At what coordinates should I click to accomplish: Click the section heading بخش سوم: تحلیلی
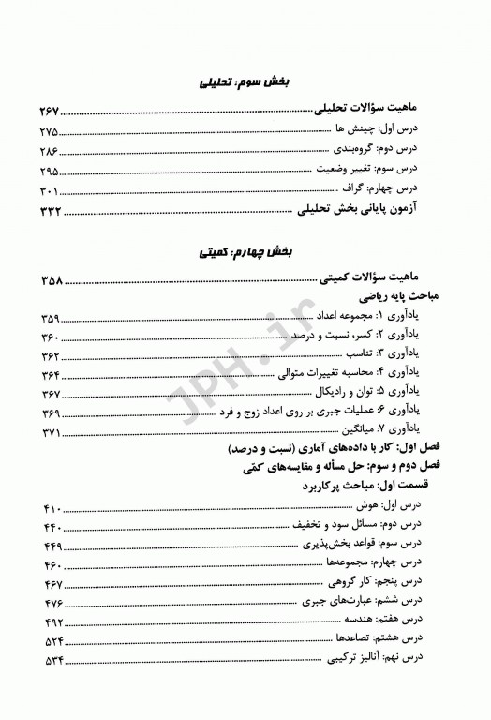click(x=245, y=82)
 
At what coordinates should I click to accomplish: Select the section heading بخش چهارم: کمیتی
click(x=245, y=253)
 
